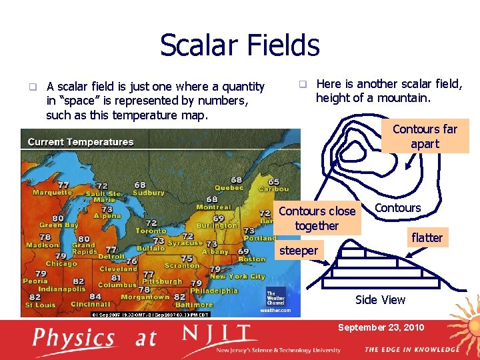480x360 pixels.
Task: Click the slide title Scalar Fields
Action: (x=239, y=45)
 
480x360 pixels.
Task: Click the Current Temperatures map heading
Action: (x=81, y=141)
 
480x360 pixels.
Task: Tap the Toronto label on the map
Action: (x=151, y=231)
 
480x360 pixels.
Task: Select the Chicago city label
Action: (x=61, y=263)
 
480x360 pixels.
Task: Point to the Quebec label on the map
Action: (x=229, y=188)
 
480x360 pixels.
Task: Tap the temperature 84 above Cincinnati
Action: (x=95, y=296)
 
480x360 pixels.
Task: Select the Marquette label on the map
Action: (x=52, y=193)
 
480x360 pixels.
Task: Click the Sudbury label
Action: (x=149, y=193)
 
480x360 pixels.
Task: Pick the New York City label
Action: (x=237, y=276)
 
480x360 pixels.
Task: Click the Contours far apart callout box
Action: (x=425, y=137)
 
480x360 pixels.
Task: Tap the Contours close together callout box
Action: (x=317, y=219)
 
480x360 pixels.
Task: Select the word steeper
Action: (x=298, y=251)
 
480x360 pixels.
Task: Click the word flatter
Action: (x=427, y=237)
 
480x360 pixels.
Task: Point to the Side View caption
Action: (x=380, y=300)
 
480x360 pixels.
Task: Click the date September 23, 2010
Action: (x=381, y=327)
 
